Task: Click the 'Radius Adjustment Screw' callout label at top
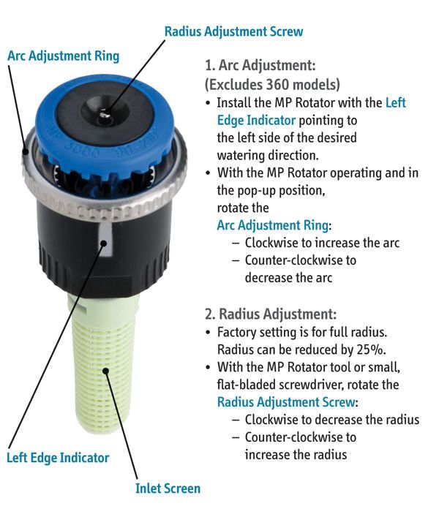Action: pos(233,31)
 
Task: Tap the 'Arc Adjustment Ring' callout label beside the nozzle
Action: pos(64,56)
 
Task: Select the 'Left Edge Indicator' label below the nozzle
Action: pos(58,458)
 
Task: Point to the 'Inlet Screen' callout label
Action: pos(168,488)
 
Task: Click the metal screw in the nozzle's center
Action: pos(105,114)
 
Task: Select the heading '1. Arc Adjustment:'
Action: pos(260,65)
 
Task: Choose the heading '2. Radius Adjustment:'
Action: pos(271,314)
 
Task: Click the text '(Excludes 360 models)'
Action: pos(272,84)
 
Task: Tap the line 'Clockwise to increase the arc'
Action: pos(322,243)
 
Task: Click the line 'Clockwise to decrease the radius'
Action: pos(331,420)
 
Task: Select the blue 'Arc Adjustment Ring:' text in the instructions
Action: pos(274,225)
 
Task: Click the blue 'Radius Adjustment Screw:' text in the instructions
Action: pos(288,402)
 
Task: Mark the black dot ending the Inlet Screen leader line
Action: pos(105,371)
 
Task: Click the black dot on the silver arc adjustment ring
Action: pos(26,151)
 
